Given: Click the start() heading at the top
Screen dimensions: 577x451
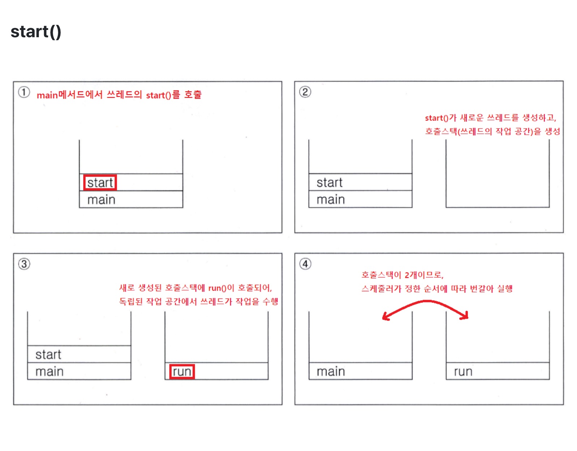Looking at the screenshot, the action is [36, 32].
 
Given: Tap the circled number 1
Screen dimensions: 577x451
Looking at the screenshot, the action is [24, 92].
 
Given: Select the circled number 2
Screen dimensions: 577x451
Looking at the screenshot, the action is [305, 92].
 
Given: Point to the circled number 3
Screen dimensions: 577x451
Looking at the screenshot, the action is [24, 264].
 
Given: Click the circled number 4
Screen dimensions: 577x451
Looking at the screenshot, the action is [305, 264].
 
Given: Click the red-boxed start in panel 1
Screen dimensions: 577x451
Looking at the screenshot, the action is [100, 182].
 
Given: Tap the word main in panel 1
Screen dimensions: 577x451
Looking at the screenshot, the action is [101, 200].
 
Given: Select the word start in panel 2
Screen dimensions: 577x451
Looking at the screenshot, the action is [329, 182].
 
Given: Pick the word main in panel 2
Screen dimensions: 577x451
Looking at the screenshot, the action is [330, 199].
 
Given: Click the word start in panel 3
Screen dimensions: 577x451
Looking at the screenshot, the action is [48, 355].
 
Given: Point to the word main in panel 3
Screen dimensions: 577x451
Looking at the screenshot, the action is [50, 371].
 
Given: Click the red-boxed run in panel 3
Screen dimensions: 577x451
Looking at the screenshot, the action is [182, 371].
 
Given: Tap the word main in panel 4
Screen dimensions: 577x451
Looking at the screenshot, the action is [330, 371].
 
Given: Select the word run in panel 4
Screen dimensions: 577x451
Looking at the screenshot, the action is [463, 371].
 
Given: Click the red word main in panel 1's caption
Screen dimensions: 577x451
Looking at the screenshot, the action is [47, 95].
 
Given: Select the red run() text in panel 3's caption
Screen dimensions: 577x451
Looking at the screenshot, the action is [218, 288].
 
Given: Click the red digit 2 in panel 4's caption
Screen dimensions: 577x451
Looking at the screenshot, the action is [407, 275].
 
